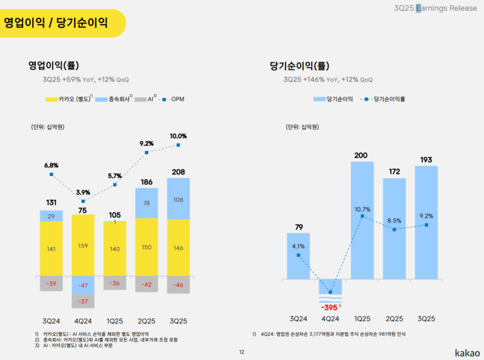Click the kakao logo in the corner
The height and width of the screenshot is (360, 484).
tap(467, 352)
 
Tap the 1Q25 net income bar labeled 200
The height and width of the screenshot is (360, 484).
tap(362, 220)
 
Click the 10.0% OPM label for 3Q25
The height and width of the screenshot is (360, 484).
tap(178, 136)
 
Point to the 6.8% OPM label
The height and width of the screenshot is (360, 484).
tap(51, 165)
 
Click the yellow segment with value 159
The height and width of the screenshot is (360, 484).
tap(83, 246)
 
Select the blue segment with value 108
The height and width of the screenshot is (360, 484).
tap(178, 199)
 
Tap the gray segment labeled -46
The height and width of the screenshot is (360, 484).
tap(178, 284)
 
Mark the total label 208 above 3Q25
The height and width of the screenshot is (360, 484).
tap(178, 172)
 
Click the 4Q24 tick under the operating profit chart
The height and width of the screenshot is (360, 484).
tap(83, 319)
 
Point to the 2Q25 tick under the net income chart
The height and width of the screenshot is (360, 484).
tap(394, 319)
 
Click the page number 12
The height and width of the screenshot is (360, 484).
tap(241, 352)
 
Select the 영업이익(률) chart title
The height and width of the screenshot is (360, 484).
tap(54, 65)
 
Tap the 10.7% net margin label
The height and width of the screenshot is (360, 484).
tap(362, 209)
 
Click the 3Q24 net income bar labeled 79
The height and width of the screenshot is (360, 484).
tap(298, 257)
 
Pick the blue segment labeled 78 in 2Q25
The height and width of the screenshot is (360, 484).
tap(146, 203)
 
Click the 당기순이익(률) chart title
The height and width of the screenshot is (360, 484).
tap(299, 65)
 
